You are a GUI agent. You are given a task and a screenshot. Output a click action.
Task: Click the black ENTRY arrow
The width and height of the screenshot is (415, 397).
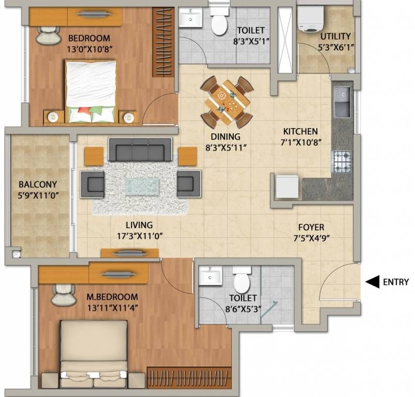click(x=372, y=282)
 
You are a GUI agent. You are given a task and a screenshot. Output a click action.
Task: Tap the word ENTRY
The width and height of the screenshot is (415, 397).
click(x=396, y=282)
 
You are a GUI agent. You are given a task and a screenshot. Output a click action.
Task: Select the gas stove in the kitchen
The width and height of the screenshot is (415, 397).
click(x=341, y=162)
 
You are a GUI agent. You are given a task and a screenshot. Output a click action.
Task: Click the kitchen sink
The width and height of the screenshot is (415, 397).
click(x=341, y=102)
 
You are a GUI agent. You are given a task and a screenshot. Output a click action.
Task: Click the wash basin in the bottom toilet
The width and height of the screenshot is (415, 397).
click(x=211, y=277)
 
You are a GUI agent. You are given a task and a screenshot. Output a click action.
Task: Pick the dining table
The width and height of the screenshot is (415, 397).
click(x=227, y=102)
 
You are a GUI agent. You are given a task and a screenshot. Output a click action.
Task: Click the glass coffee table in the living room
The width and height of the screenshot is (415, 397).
click(x=140, y=185)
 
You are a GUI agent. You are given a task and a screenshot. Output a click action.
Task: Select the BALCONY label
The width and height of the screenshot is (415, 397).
click(x=38, y=185)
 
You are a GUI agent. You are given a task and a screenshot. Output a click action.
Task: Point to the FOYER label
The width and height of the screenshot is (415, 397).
click(x=311, y=227)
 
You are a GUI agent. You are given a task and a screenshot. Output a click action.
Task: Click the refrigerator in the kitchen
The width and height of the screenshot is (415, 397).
click(x=286, y=187)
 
